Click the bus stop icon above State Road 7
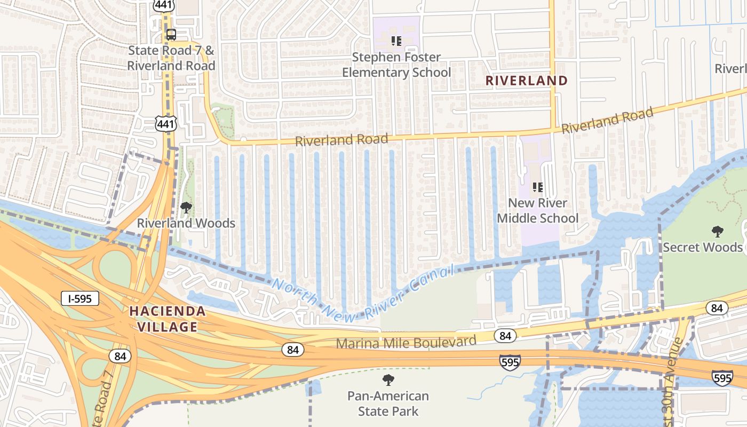tap(171, 35)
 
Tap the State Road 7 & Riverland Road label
tap(171, 58)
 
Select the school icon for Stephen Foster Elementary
tap(396, 41)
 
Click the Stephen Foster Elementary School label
tap(396, 65)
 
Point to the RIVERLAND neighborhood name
tap(526, 81)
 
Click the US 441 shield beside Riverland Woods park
tap(166, 124)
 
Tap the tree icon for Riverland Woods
tap(186, 207)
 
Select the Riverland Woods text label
tap(186, 223)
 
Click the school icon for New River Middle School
tap(538, 187)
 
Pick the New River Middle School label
tap(538, 210)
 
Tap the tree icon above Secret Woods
tap(718, 232)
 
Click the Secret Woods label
tap(702, 247)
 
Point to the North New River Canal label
tap(363, 292)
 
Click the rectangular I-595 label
tap(80, 298)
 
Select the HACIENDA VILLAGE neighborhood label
tap(167, 319)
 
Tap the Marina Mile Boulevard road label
tap(406, 342)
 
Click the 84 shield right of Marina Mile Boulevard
tap(505, 336)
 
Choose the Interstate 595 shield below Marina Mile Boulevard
tap(510, 362)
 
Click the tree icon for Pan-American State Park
tap(388, 380)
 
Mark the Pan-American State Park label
tap(388, 404)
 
